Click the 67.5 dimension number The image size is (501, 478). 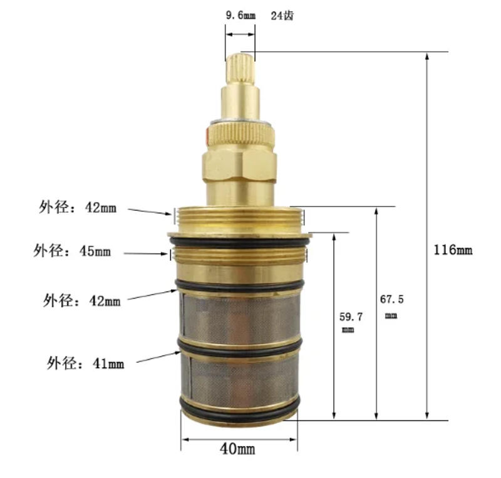392,300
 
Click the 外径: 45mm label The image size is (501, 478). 72,252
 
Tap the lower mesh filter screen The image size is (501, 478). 239,379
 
